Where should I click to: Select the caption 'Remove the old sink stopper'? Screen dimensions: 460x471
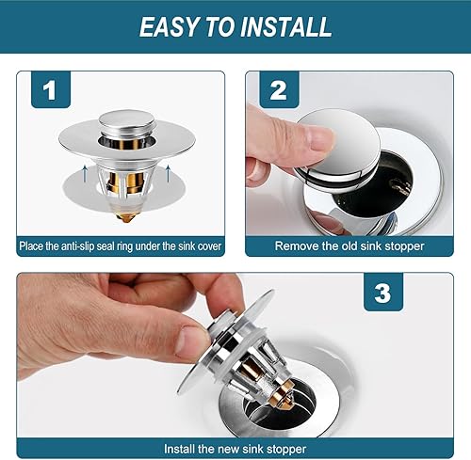point(349,246)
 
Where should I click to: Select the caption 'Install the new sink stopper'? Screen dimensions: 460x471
point(235,449)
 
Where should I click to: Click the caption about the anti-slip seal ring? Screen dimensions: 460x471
point(121,246)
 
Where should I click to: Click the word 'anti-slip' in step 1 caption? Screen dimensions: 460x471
point(80,246)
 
